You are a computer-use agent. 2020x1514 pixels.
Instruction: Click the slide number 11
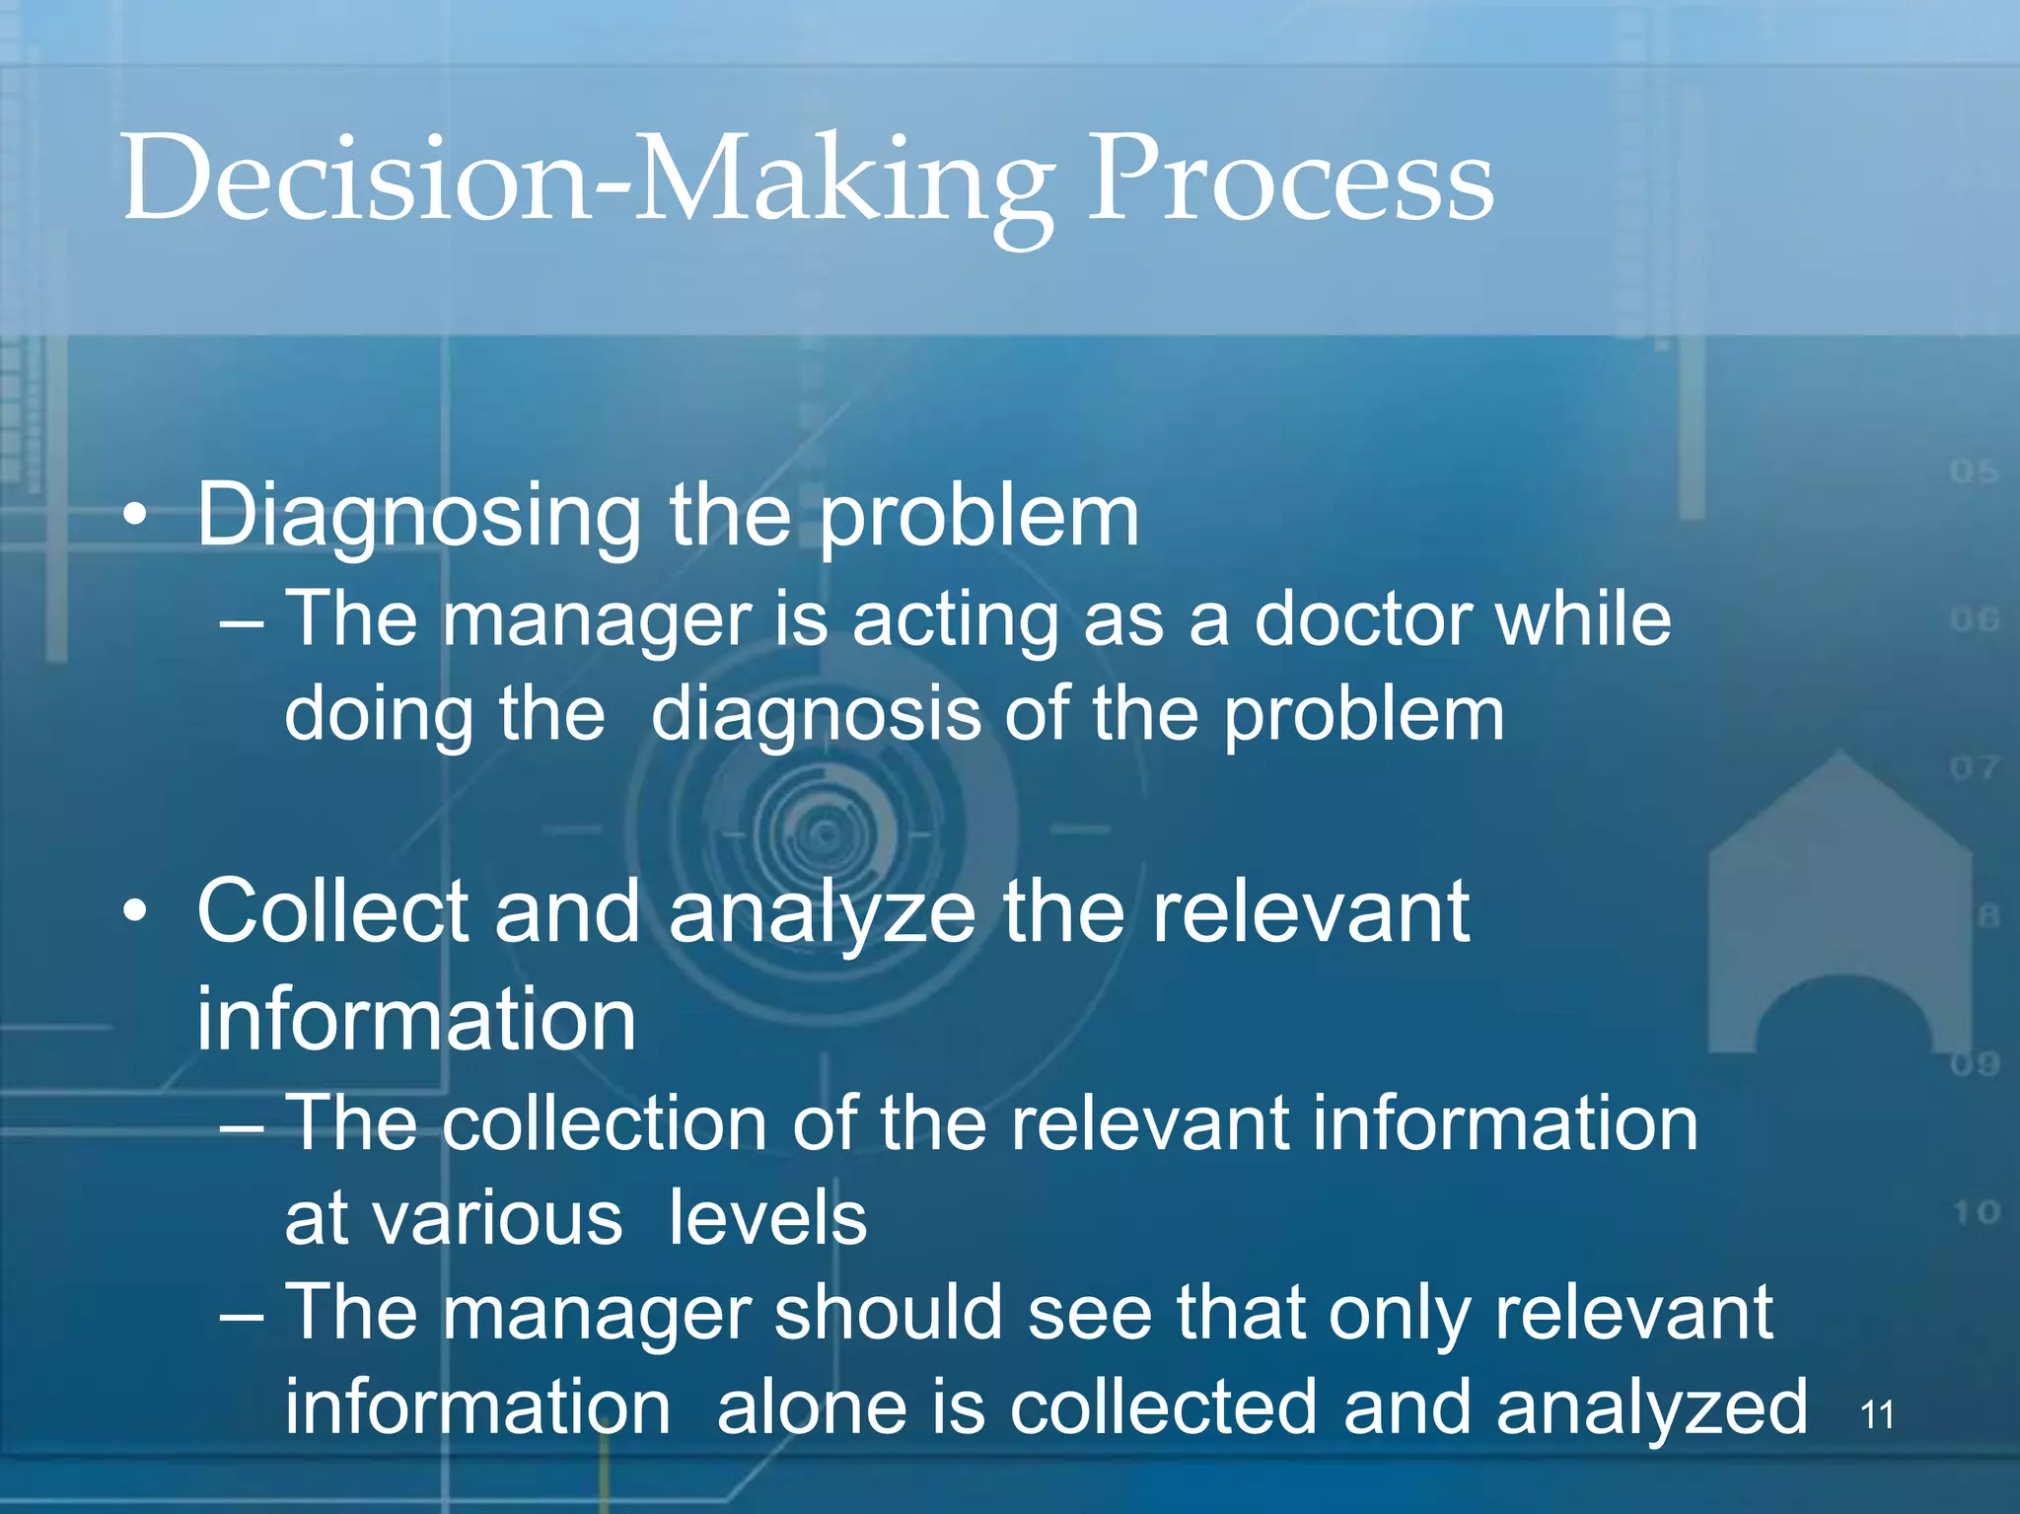coord(1876,1415)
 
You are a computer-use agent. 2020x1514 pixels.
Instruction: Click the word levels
coord(767,1219)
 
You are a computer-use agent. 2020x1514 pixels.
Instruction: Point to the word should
coord(888,1314)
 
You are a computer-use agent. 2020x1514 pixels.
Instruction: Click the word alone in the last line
coord(811,1408)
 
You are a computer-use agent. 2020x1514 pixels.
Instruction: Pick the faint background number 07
coord(1974,767)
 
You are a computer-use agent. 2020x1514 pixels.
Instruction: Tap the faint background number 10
coord(1976,1212)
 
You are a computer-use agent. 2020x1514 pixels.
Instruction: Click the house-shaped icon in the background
coord(1840,907)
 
